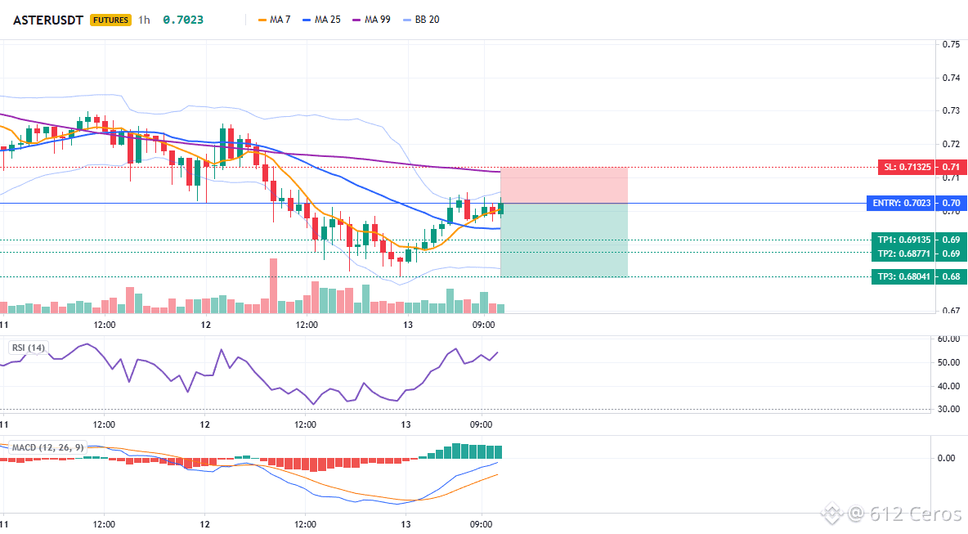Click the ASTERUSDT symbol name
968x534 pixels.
[x=48, y=20]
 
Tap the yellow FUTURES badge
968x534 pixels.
[x=110, y=20]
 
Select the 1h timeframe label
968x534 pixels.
[x=144, y=20]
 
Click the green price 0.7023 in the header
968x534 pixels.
[x=183, y=20]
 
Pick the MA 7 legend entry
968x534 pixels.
[x=274, y=20]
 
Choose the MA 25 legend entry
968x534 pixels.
[x=321, y=20]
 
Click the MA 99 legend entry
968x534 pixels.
[x=372, y=20]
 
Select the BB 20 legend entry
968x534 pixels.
[x=421, y=20]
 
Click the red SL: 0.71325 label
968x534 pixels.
[x=907, y=167]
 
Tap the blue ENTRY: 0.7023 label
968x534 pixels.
[x=901, y=203]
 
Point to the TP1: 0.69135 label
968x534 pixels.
[x=903, y=240]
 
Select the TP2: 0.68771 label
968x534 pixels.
[x=903, y=254]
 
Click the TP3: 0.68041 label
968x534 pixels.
[x=903, y=276]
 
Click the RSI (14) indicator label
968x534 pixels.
[x=29, y=348]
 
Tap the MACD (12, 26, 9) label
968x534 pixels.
[x=47, y=447]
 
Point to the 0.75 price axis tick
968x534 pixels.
[x=951, y=44]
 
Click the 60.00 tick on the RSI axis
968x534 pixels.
[x=948, y=339]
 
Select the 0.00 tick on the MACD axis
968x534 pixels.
[x=946, y=458]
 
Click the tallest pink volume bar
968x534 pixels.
[x=274, y=286]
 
